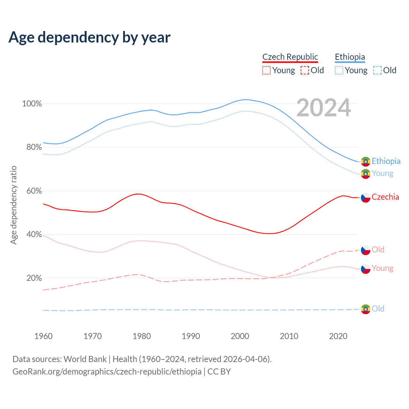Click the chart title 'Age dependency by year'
pyautogui.click(x=89, y=37)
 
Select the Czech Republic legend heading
pyautogui.click(x=290, y=57)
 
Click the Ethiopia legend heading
pyautogui.click(x=350, y=57)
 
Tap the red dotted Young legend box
pyautogui.click(x=266, y=70)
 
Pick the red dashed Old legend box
pyautogui.click(x=305, y=70)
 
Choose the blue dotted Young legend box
pyautogui.click(x=339, y=70)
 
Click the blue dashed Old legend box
pyautogui.click(x=377, y=70)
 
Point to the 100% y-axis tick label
pyautogui.click(x=32, y=104)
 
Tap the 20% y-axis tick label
pyautogui.click(x=34, y=278)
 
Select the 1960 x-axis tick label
pyautogui.click(x=43, y=336)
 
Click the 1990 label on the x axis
pyautogui.click(x=191, y=336)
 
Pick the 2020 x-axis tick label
pyautogui.click(x=338, y=336)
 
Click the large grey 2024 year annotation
pyautogui.click(x=324, y=108)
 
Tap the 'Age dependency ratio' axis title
pyautogui.click(x=14, y=205)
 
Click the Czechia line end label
pyautogui.click(x=385, y=197)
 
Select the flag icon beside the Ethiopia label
pyautogui.click(x=366, y=162)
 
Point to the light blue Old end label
pyautogui.click(x=378, y=309)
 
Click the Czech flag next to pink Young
pyautogui.click(x=366, y=269)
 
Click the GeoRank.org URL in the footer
pyautogui.click(x=107, y=372)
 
